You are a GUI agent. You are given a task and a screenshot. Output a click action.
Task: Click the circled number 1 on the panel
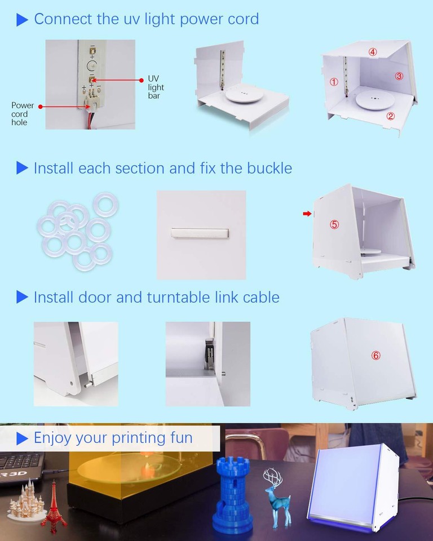[334, 82]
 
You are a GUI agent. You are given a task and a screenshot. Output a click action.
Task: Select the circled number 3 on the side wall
[399, 76]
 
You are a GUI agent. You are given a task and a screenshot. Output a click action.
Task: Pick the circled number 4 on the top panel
[373, 52]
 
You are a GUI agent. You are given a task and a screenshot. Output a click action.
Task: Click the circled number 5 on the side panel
[334, 224]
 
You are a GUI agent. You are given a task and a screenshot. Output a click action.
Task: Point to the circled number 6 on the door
[376, 356]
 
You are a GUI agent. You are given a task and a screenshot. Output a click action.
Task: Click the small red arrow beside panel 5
[307, 214]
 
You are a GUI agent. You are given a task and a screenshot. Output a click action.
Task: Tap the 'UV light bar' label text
[156, 87]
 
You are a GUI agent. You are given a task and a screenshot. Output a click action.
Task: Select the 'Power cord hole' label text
[23, 114]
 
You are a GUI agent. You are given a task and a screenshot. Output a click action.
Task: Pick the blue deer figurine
[276, 498]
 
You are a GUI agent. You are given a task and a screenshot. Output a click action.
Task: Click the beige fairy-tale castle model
[25, 502]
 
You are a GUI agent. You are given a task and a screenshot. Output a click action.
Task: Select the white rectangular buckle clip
[200, 233]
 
